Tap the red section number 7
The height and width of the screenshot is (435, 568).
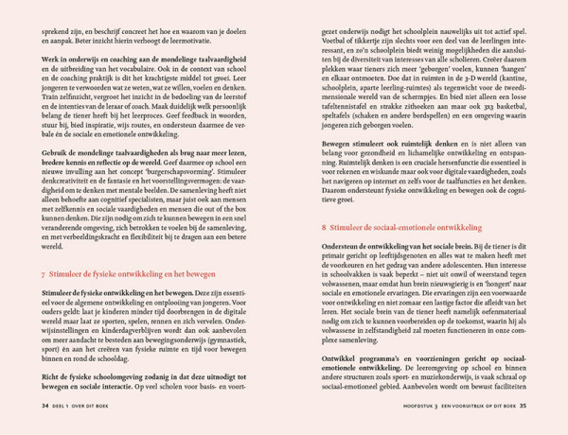[43, 274]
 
